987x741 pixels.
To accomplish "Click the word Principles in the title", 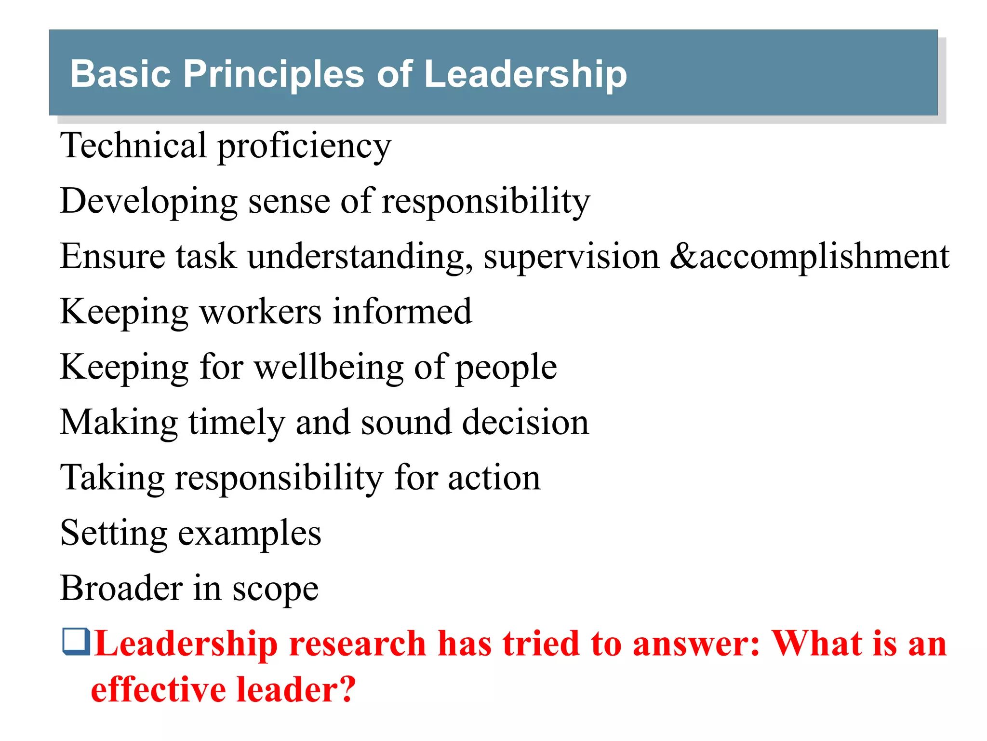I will tap(273, 74).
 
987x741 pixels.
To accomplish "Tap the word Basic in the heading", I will tap(120, 74).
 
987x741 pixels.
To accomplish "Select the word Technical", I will tap(133, 145).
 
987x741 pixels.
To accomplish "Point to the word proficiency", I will tap(304, 147).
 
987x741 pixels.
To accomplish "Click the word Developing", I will tap(148, 202).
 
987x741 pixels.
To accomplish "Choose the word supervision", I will tap(572, 257).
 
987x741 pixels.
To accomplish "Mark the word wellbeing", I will tap(329, 368).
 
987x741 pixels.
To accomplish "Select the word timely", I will tap(236, 423).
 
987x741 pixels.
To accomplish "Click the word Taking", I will tap(112, 479).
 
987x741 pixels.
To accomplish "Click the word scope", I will tap(275, 590).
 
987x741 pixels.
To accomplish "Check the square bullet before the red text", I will tap(76, 642).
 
